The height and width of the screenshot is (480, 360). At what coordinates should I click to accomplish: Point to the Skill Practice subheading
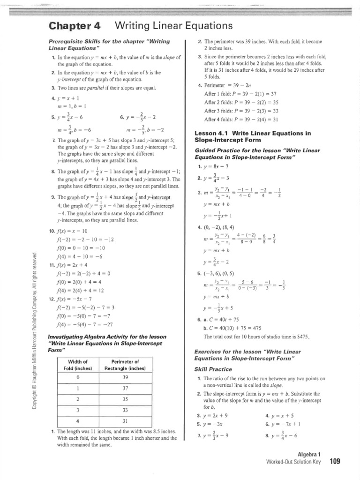pos(213,369)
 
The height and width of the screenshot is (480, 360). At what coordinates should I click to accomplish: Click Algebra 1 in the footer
pos(310,455)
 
